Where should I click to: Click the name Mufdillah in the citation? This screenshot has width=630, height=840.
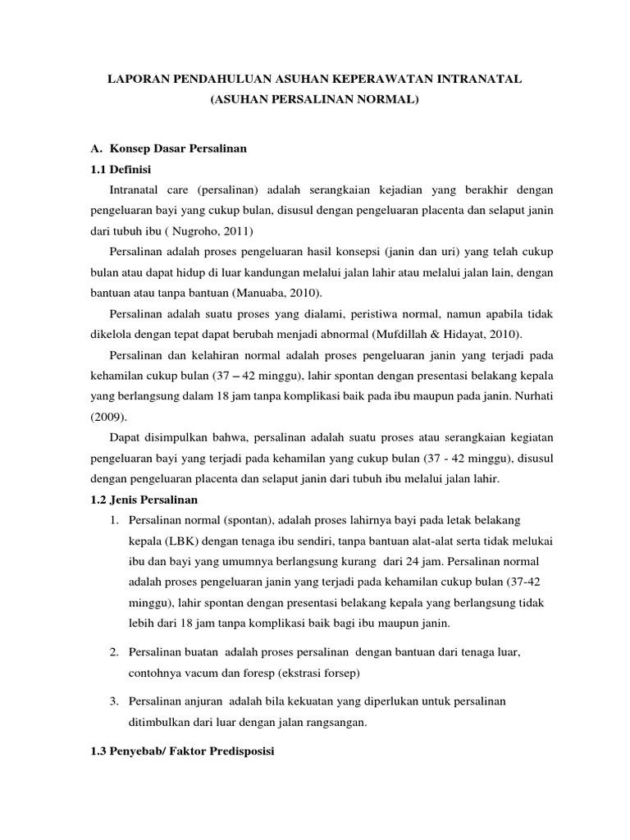382,335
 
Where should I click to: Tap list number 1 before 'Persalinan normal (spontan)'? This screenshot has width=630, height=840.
113,520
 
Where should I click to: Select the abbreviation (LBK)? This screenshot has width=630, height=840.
184,541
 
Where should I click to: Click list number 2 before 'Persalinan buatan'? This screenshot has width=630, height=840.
113,651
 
